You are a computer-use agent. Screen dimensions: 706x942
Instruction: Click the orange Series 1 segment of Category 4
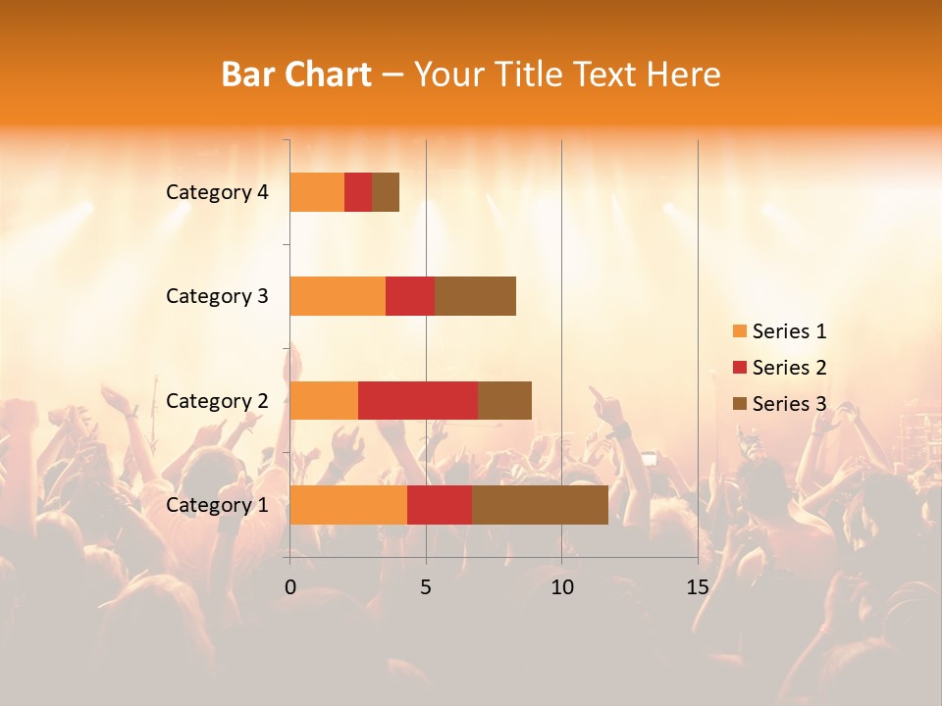(x=317, y=192)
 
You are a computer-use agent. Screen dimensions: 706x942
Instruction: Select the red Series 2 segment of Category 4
(x=358, y=192)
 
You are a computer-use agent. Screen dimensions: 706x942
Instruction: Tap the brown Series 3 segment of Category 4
(x=386, y=192)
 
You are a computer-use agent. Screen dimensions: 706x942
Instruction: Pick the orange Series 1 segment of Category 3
(x=338, y=296)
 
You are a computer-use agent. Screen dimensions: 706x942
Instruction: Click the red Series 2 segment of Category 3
(x=410, y=296)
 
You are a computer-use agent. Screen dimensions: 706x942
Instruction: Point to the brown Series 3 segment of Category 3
(x=475, y=296)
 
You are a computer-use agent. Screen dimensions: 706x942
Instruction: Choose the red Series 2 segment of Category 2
(x=418, y=400)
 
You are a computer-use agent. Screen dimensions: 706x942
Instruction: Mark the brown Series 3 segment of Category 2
(x=504, y=400)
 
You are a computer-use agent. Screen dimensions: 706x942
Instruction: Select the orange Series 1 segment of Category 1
(x=348, y=505)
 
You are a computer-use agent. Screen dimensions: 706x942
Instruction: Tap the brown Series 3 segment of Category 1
(x=540, y=505)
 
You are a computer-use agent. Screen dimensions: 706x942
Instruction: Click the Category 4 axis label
(x=217, y=192)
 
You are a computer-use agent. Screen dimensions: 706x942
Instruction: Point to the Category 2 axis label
(x=217, y=401)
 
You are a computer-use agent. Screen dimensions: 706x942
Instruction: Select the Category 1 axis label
(x=217, y=505)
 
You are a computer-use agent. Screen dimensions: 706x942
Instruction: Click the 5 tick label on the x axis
(x=426, y=587)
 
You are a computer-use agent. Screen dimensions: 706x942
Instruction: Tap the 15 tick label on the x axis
(x=697, y=587)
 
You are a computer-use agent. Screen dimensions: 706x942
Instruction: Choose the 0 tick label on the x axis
(x=290, y=587)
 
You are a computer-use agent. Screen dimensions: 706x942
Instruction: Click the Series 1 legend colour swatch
(x=739, y=331)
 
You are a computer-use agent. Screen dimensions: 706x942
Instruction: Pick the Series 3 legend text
(x=789, y=404)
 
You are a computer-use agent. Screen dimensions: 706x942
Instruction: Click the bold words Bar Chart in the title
(x=296, y=75)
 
